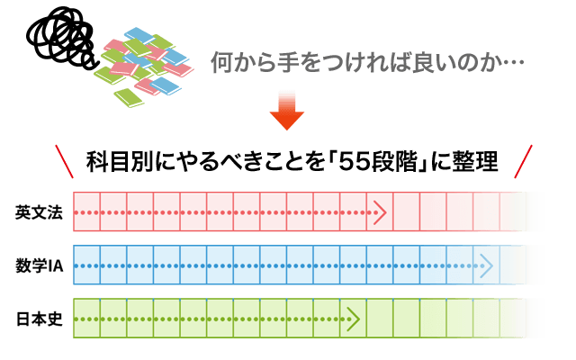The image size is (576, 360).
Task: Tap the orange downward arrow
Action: click(287, 112)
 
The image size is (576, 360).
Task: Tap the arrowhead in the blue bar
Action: click(487, 266)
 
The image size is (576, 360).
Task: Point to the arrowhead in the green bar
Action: click(353, 319)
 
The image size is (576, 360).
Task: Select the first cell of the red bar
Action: click(86, 213)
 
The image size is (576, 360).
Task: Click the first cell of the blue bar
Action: click(86, 266)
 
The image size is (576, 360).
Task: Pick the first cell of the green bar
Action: click(86, 319)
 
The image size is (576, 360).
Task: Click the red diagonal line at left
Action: click(64, 163)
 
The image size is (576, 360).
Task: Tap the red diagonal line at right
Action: click(523, 162)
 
